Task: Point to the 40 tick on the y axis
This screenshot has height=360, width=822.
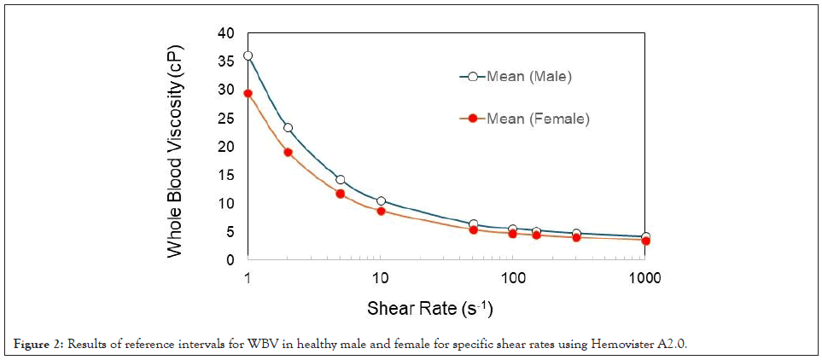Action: [x=225, y=33]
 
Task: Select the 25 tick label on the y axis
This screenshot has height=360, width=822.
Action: [x=225, y=119]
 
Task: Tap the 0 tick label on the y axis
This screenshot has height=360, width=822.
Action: [x=230, y=260]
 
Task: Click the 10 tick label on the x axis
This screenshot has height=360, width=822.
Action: [x=381, y=278]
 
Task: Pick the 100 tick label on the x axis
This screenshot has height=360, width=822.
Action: [x=513, y=278]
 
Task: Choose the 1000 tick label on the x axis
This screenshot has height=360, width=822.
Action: [x=644, y=278]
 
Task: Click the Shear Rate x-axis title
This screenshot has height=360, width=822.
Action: [x=429, y=307]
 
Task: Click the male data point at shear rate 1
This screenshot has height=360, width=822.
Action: [x=248, y=55]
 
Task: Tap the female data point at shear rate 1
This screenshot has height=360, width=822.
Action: [x=248, y=93]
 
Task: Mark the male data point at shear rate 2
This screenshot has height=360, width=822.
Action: [x=288, y=127]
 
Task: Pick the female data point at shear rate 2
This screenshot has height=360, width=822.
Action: [x=288, y=152]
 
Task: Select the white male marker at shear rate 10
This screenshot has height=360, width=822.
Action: [x=381, y=201]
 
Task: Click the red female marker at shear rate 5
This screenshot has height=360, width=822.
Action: [x=341, y=194]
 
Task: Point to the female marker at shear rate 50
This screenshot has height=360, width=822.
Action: [x=473, y=229]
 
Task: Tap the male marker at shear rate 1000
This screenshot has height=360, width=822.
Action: [x=645, y=236]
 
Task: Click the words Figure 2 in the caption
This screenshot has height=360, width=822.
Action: [x=34, y=343]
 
